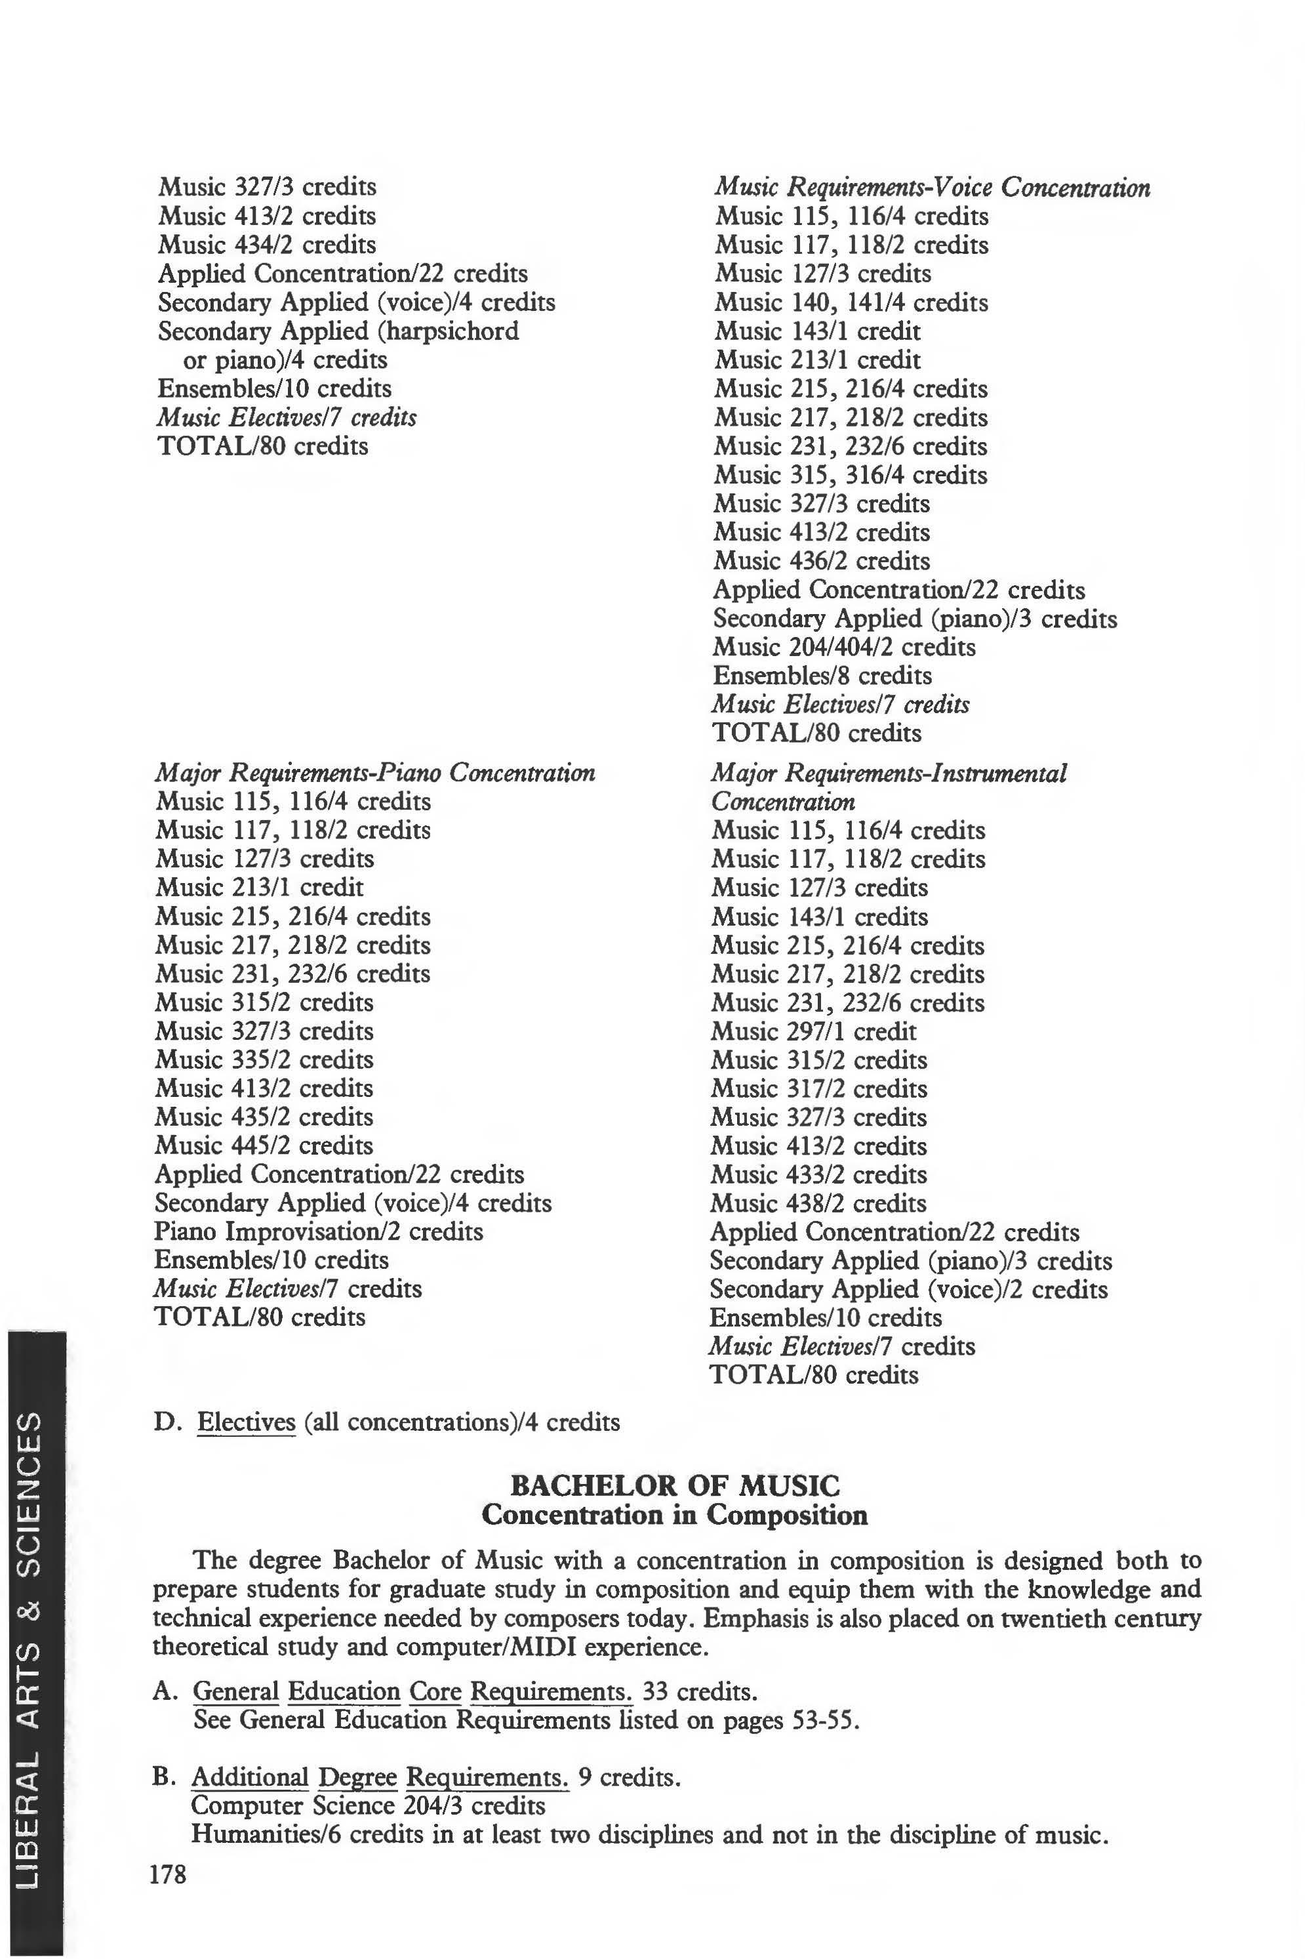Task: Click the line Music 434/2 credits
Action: click(x=266, y=245)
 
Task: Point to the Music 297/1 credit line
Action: click(x=813, y=1031)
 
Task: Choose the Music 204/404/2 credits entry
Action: click(x=844, y=647)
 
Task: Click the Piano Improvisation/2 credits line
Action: click(x=318, y=1231)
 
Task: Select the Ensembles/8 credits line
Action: click(x=822, y=676)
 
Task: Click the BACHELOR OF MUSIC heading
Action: click(x=675, y=1486)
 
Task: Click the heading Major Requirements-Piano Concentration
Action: click(x=374, y=773)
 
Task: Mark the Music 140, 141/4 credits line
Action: click(x=851, y=302)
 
